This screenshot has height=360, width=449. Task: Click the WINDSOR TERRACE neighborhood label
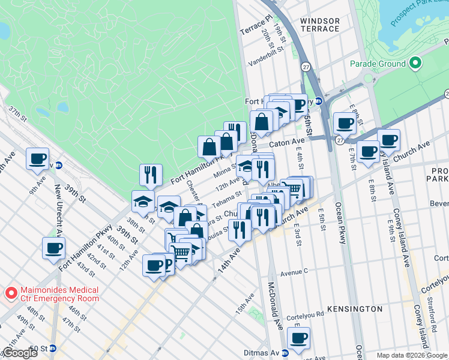tap(320, 25)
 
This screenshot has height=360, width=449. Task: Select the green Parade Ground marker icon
tap(415, 64)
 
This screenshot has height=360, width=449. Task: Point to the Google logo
tap(19, 352)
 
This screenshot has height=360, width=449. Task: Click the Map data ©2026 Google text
tap(412, 355)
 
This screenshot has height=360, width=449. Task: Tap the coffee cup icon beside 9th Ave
tap(37, 159)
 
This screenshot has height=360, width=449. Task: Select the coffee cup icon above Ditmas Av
tap(298, 338)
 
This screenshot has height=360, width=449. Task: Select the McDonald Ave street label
tap(275, 306)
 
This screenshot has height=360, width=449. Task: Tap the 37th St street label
tap(17, 114)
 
